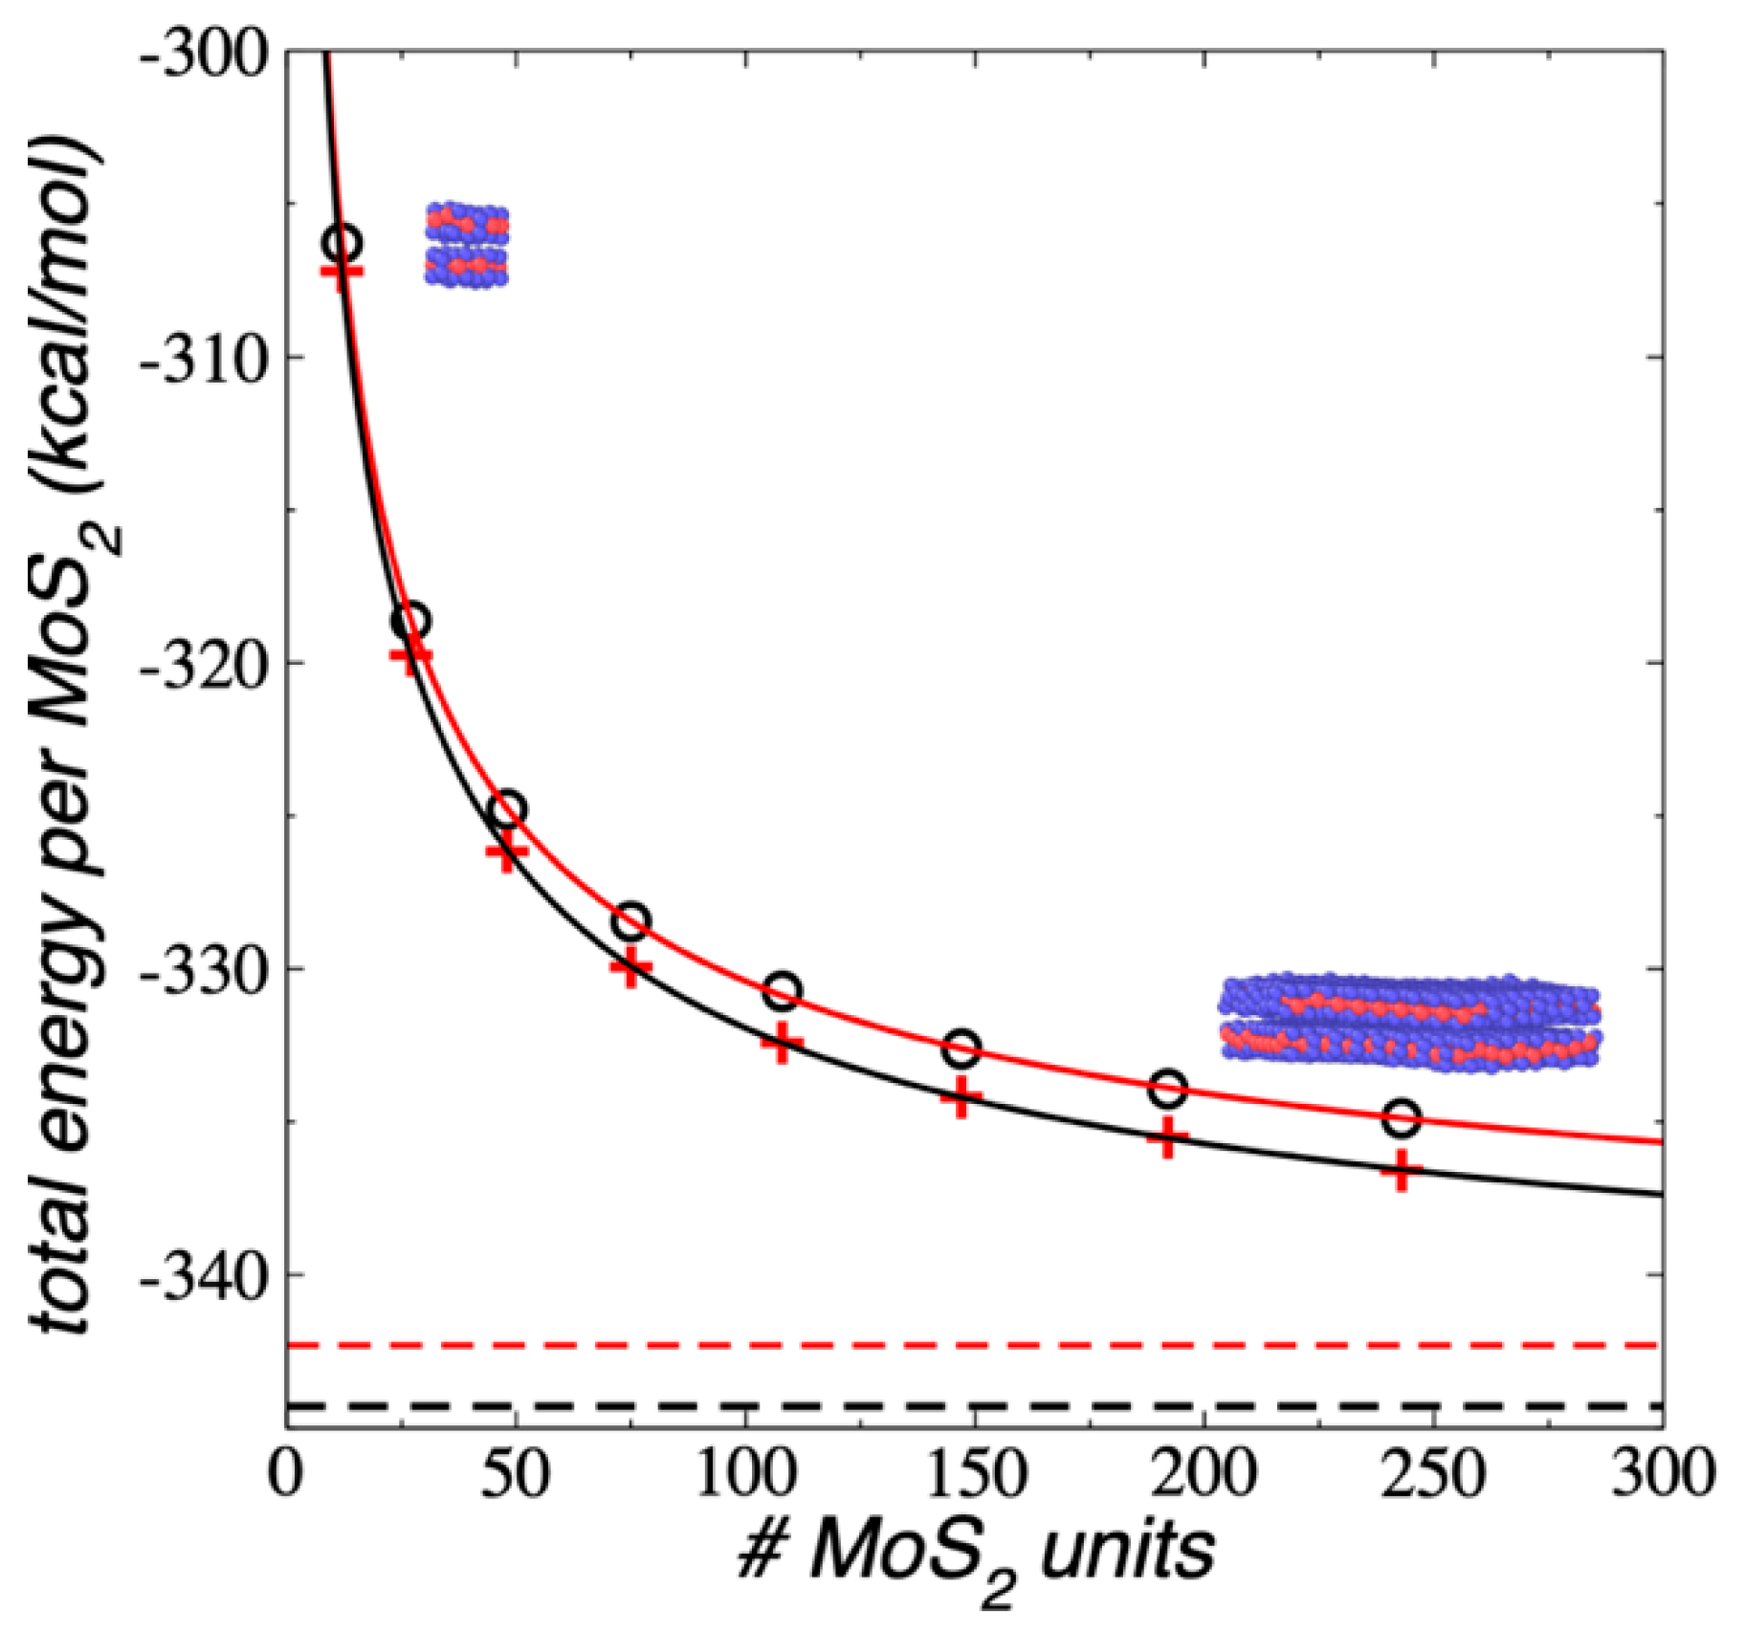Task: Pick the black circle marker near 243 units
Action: (1402, 1117)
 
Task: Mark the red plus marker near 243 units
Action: (1402, 1169)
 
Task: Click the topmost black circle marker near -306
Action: (342, 243)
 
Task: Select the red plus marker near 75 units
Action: (630, 969)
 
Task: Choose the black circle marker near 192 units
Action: (1167, 1087)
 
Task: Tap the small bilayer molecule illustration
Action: (467, 245)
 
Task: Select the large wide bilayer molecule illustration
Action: (1409, 1022)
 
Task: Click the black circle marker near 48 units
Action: (506, 809)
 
